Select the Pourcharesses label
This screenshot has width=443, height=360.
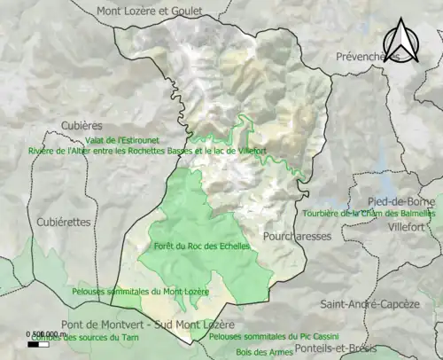click(297, 237)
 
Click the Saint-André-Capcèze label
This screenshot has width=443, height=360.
click(369, 304)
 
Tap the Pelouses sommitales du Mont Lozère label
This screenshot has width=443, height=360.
click(140, 291)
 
